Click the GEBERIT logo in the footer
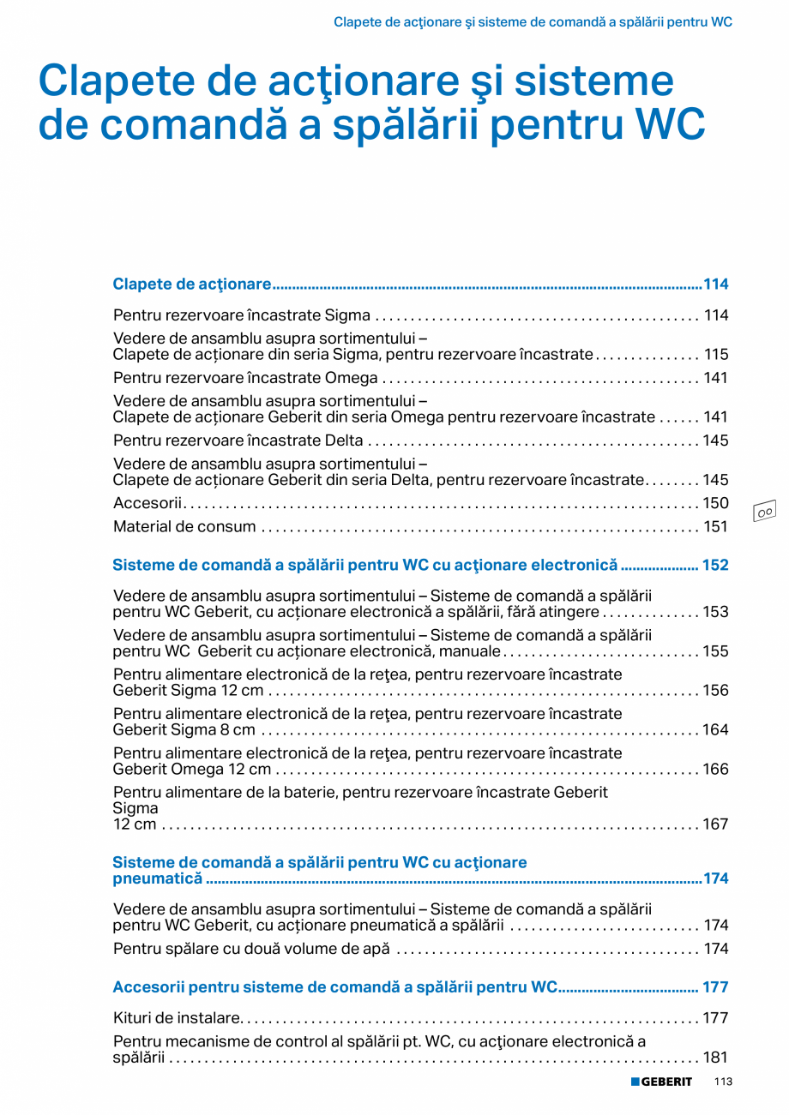coord(661,1082)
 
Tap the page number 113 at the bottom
coord(722,1082)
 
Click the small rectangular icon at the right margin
coord(764,511)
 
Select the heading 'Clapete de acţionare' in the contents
coord(192,284)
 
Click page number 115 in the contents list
coord(716,354)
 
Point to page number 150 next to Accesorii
coord(716,503)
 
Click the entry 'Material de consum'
coord(184,526)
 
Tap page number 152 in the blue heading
coord(715,565)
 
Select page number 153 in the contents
coord(716,612)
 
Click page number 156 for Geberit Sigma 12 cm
coord(716,691)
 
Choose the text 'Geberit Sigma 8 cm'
coord(184,730)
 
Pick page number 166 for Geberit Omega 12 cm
coord(716,770)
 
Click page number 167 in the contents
coord(716,824)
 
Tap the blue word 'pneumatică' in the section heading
coord(158,878)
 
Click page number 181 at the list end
coord(716,1058)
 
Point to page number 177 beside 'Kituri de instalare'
coord(716,1018)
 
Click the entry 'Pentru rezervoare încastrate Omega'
coord(245,378)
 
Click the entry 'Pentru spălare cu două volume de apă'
coord(251,949)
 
